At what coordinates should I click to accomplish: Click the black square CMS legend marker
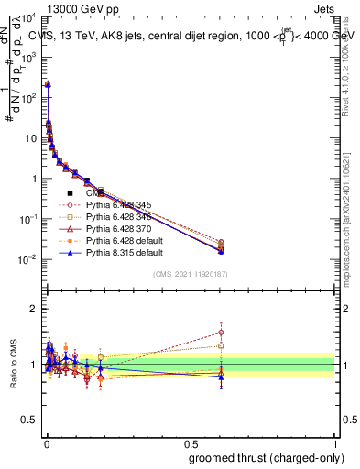(70, 194)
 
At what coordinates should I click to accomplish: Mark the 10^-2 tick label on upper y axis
(27, 259)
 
